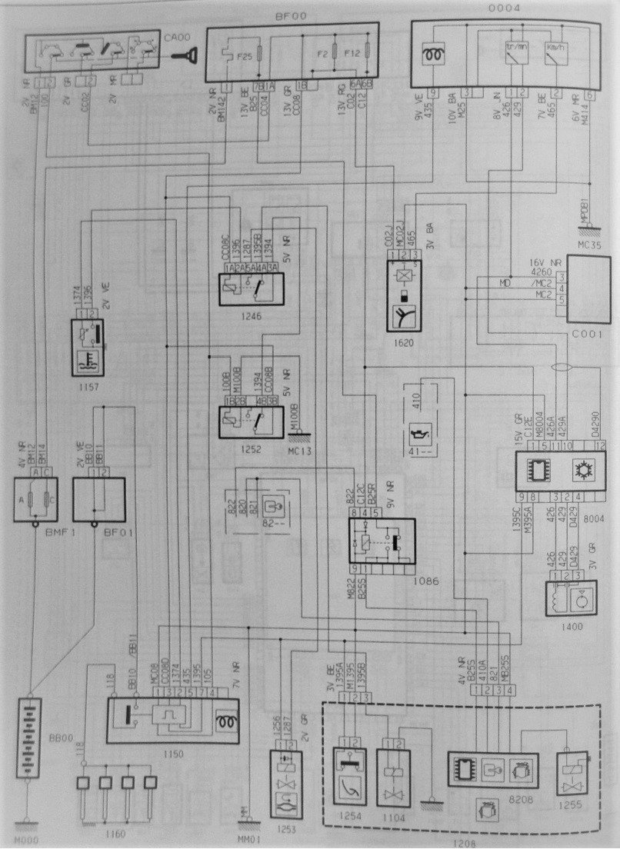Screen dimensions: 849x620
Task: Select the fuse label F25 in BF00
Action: (244, 57)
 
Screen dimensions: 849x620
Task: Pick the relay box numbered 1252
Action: (250, 418)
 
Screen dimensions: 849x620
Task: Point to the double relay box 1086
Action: (382, 541)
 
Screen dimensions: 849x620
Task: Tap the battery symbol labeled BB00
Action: (28, 738)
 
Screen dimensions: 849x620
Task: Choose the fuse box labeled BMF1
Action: (35, 500)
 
